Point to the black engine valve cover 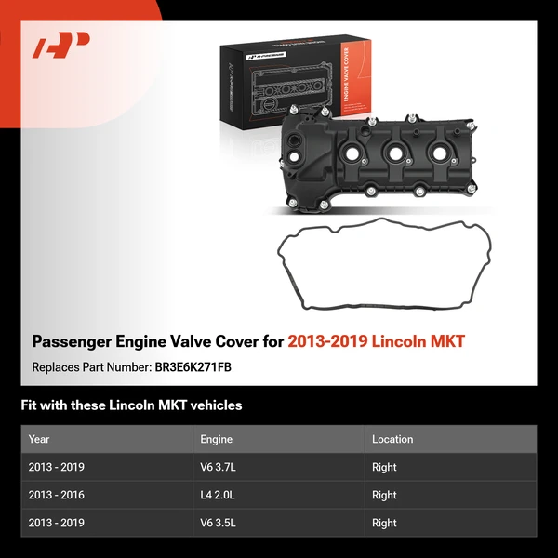point(381,158)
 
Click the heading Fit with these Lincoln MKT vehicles point(131,405)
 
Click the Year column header point(39,439)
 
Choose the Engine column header point(216,439)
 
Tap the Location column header point(392,439)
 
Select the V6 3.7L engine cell point(219,467)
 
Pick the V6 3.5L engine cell point(219,523)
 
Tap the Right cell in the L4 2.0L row point(384,495)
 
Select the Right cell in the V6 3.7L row point(384,467)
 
